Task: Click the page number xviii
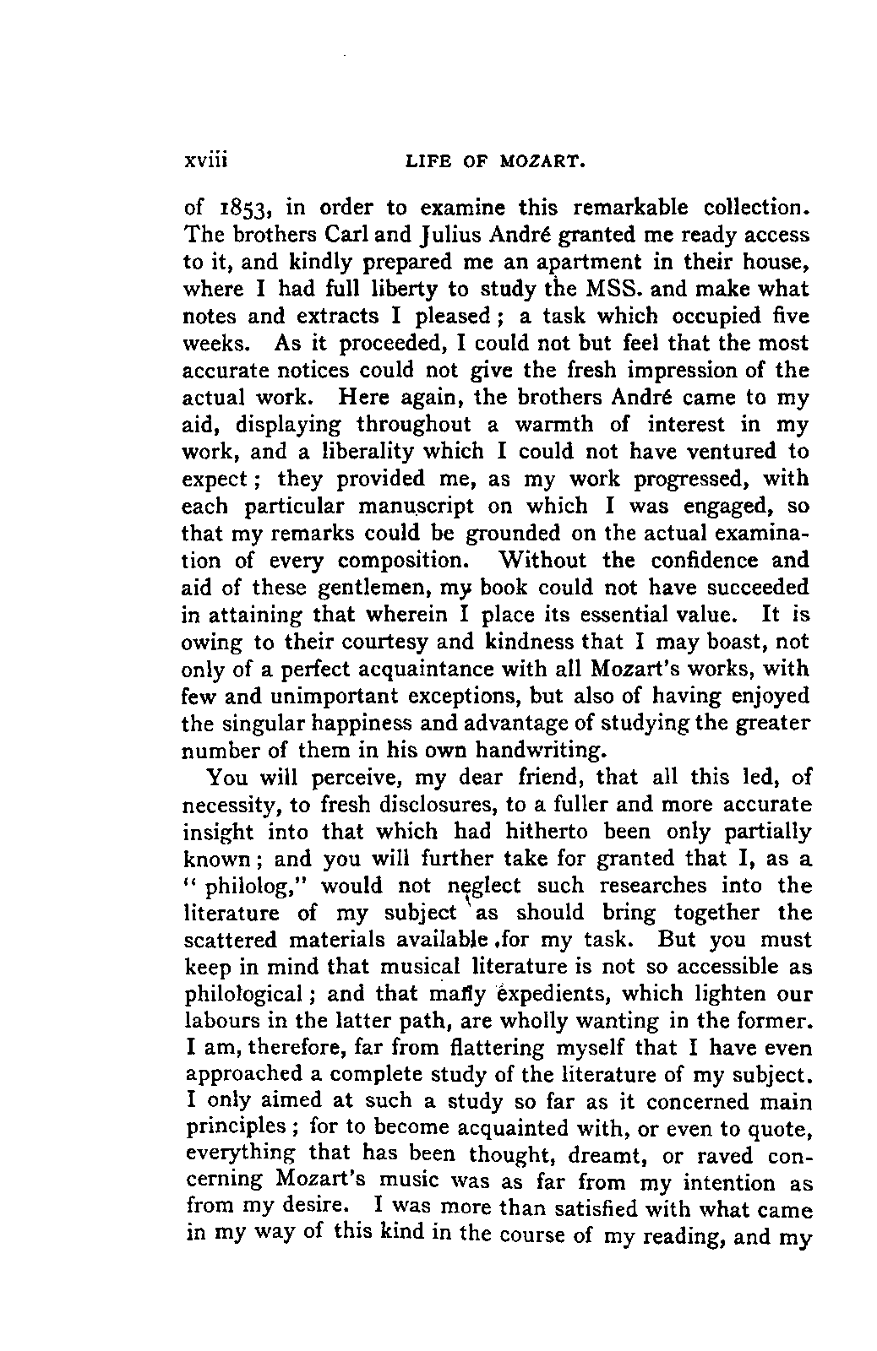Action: [207, 160]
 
